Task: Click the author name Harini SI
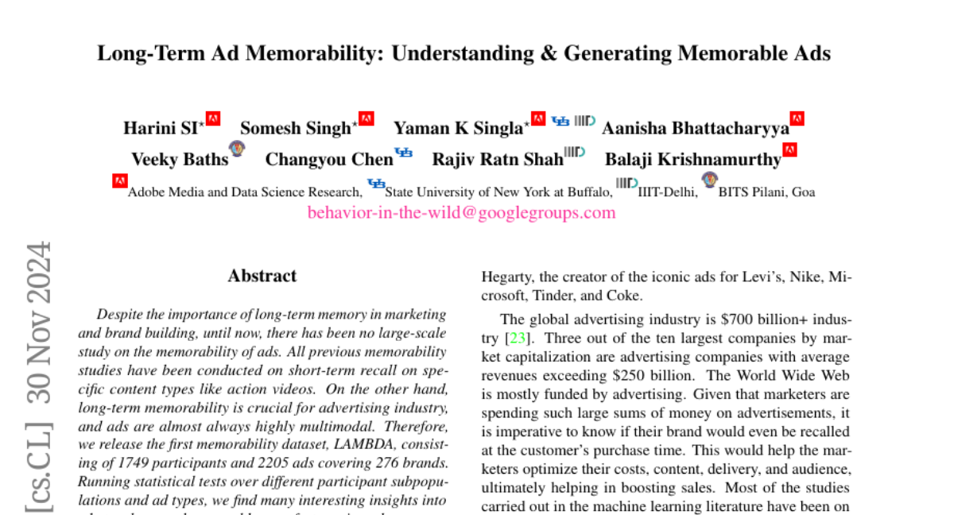tap(160, 128)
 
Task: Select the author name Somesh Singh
tap(295, 128)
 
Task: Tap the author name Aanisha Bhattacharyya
tap(695, 128)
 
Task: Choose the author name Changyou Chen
tap(328, 159)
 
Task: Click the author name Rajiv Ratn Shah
tap(497, 159)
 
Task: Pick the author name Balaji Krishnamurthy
tap(692, 159)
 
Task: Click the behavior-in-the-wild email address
tap(461, 213)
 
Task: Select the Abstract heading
tap(262, 277)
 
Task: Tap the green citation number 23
tap(518, 338)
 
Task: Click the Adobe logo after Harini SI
tap(213, 119)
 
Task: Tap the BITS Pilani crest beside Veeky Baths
tap(236, 148)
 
